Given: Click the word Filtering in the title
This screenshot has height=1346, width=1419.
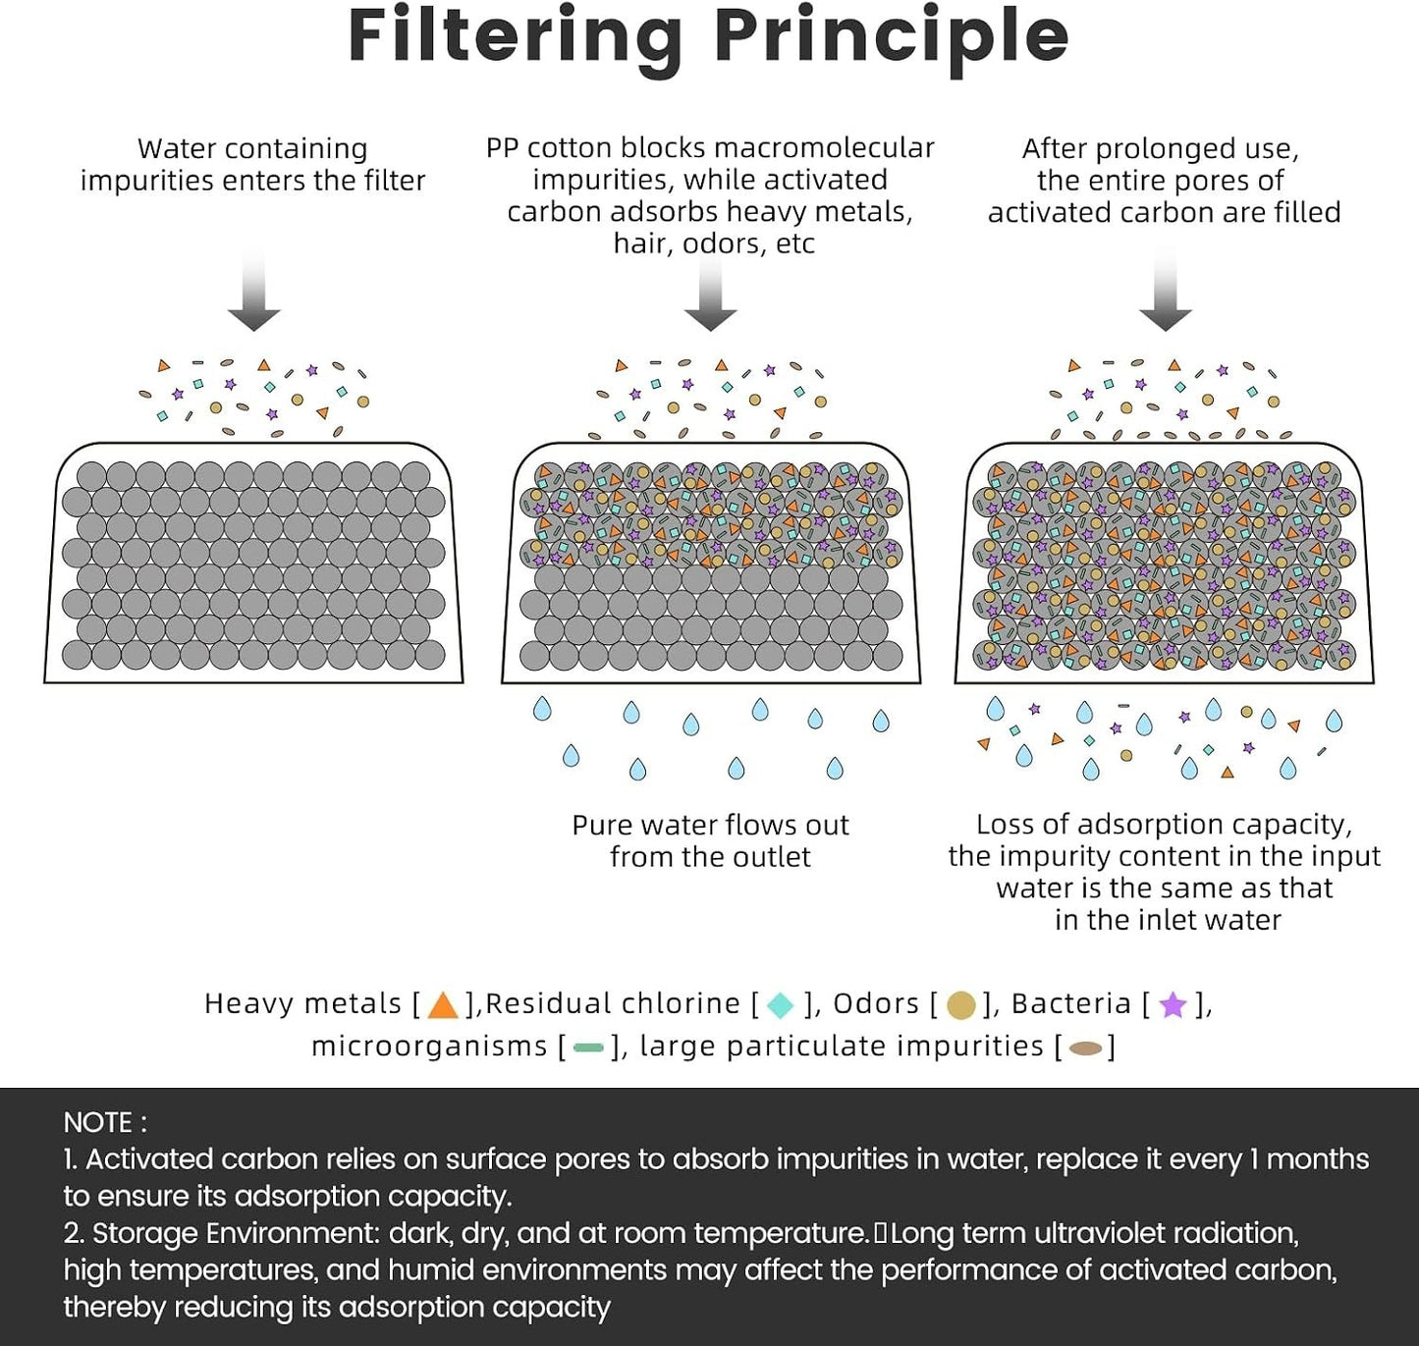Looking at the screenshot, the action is [516, 40].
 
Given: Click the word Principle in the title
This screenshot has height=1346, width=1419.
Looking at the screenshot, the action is [892, 40].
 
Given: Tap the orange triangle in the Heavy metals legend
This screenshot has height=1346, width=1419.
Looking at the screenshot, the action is [443, 1005].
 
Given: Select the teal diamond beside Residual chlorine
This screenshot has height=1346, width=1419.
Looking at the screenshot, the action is [781, 1005].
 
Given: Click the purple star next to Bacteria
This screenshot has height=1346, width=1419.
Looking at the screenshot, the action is [1173, 1004].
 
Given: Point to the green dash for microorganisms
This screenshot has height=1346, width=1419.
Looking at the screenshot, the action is [588, 1048].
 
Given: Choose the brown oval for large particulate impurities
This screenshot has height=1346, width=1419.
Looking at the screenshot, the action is [1085, 1048].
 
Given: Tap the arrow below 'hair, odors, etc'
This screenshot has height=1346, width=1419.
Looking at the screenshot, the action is [711, 293].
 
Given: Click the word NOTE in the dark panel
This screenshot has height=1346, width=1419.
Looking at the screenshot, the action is [99, 1123].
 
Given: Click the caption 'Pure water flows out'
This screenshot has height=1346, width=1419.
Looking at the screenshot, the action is [710, 825].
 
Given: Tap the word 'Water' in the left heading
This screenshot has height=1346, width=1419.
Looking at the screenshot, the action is [176, 149].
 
